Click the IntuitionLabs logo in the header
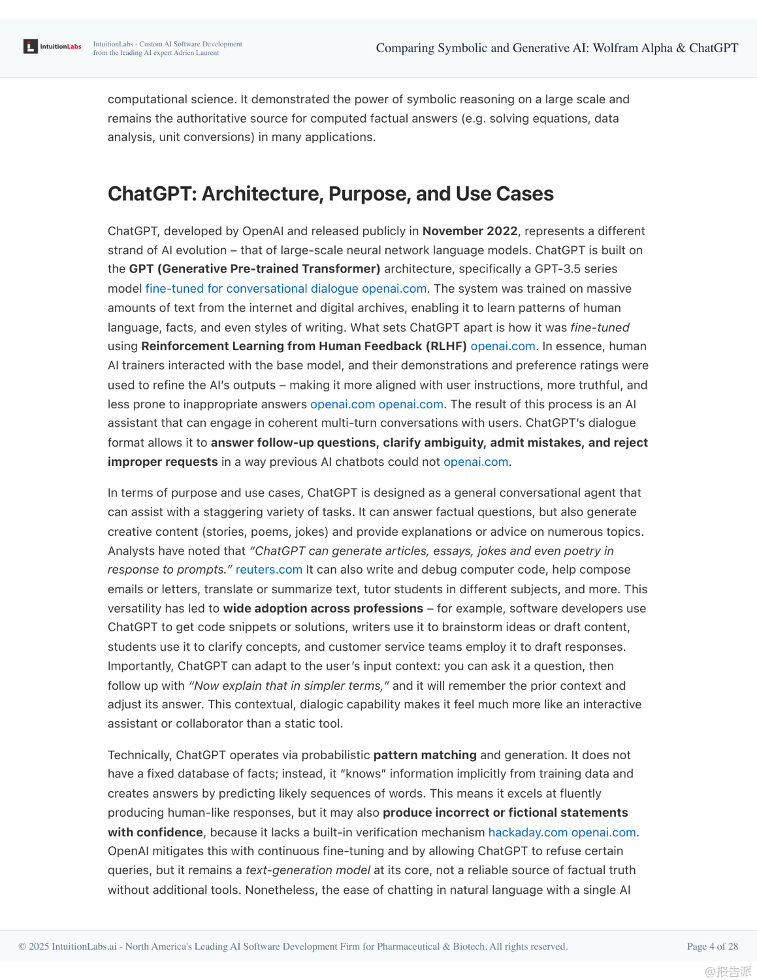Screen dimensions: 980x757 click(52, 46)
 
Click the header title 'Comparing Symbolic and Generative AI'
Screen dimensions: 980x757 click(556, 48)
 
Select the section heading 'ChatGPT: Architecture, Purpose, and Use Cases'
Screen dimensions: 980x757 click(330, 193)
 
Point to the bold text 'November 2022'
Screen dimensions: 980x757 click(470, 231)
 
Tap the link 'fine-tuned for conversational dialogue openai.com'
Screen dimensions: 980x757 click(285, 288)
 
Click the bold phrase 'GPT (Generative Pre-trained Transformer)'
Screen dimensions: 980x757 click(254, 269)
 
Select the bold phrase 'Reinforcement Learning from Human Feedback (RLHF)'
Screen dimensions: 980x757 click(304, 346)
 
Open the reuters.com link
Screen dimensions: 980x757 click(268, 569)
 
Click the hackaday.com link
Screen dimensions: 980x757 click(528, 832)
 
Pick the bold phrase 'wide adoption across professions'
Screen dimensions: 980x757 click(323, 608)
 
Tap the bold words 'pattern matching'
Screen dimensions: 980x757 click(425, 755)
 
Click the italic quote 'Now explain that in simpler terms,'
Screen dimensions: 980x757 click(289, 685)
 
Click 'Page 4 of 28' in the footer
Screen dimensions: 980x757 click(712, 946)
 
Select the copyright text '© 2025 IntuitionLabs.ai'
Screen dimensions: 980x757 click(67, 946)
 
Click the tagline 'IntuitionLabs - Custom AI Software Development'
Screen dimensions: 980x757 click(167, 44)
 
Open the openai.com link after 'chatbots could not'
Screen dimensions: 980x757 click(475, 461)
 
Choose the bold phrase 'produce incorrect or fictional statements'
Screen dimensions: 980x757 click(505, 812)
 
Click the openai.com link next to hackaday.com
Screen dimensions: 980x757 click(603, 832)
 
